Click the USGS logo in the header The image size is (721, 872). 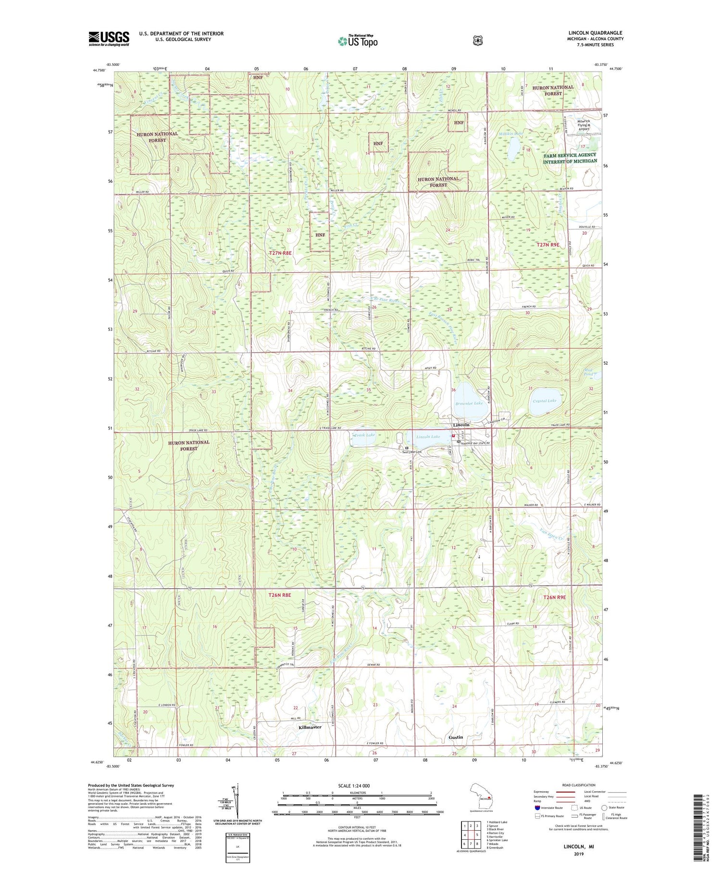click(109, 38)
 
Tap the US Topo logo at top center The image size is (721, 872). click(358, 41)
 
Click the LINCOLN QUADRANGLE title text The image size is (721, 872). click(595, 33)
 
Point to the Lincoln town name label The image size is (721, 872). click(461, 425)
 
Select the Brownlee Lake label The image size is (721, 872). click(469, 403)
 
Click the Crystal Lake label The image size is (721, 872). click(545, 401)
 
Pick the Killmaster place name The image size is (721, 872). click(310, 727)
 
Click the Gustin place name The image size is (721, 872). click(456, 737)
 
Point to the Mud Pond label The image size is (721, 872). click(588, 372)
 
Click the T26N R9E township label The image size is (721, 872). click(554, 597)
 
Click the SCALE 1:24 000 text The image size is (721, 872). click(357, 785)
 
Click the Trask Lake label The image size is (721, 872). click(364, 435)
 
